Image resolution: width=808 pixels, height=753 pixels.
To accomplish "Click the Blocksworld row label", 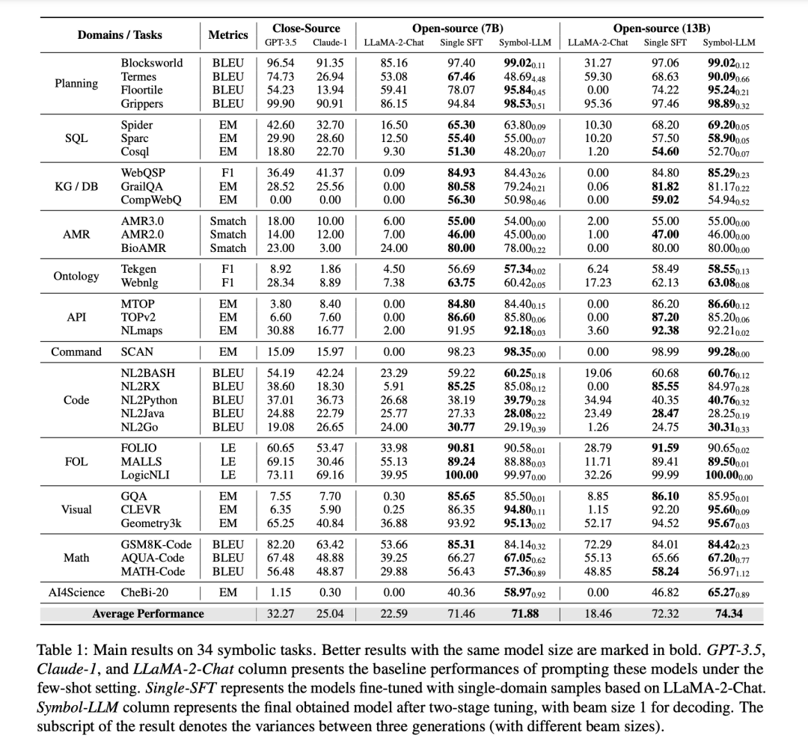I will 151,63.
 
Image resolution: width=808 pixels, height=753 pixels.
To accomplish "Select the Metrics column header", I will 227,35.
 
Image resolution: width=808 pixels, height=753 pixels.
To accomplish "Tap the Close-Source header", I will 306,28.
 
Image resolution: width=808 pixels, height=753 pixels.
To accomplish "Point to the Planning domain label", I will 76,83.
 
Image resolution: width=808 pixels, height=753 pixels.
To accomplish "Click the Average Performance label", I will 147,614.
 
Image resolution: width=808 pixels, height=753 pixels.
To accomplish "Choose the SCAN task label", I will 136,351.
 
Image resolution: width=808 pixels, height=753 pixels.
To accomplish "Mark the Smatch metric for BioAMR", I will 227,248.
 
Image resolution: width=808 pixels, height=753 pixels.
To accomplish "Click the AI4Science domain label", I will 76,592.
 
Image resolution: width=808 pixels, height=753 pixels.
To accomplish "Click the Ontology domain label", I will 76,276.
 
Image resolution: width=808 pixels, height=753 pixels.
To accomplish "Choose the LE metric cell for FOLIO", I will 227,448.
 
